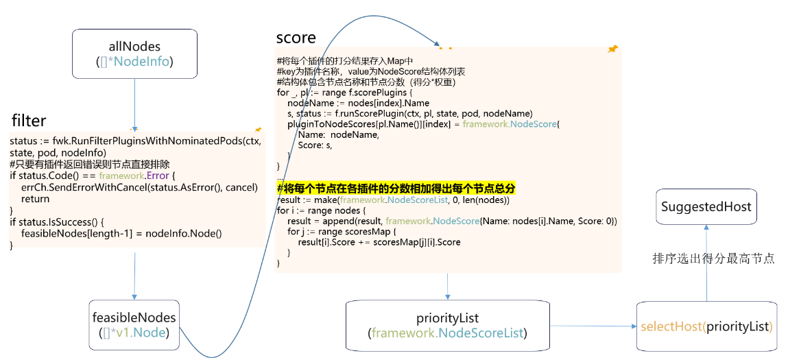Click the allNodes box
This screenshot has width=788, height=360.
point(134,54)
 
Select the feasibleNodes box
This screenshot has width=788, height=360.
point(134,325)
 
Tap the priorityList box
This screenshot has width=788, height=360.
point(447,325)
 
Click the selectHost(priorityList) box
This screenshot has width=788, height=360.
point(706,326)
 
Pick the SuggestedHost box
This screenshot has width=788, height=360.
point(706,206)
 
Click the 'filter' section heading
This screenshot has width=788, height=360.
point(29,121)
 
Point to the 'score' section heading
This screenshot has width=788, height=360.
point(296,37)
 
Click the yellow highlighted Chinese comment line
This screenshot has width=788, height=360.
point(396,188)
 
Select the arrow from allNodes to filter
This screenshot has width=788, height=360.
point(134,103)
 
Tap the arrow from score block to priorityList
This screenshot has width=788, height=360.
point(447,287)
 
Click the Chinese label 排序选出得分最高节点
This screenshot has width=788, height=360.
point(713,259)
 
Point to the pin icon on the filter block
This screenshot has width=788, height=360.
point(258,129)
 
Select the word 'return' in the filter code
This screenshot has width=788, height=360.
point(35,199)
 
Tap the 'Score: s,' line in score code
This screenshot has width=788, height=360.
point(315,145)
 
